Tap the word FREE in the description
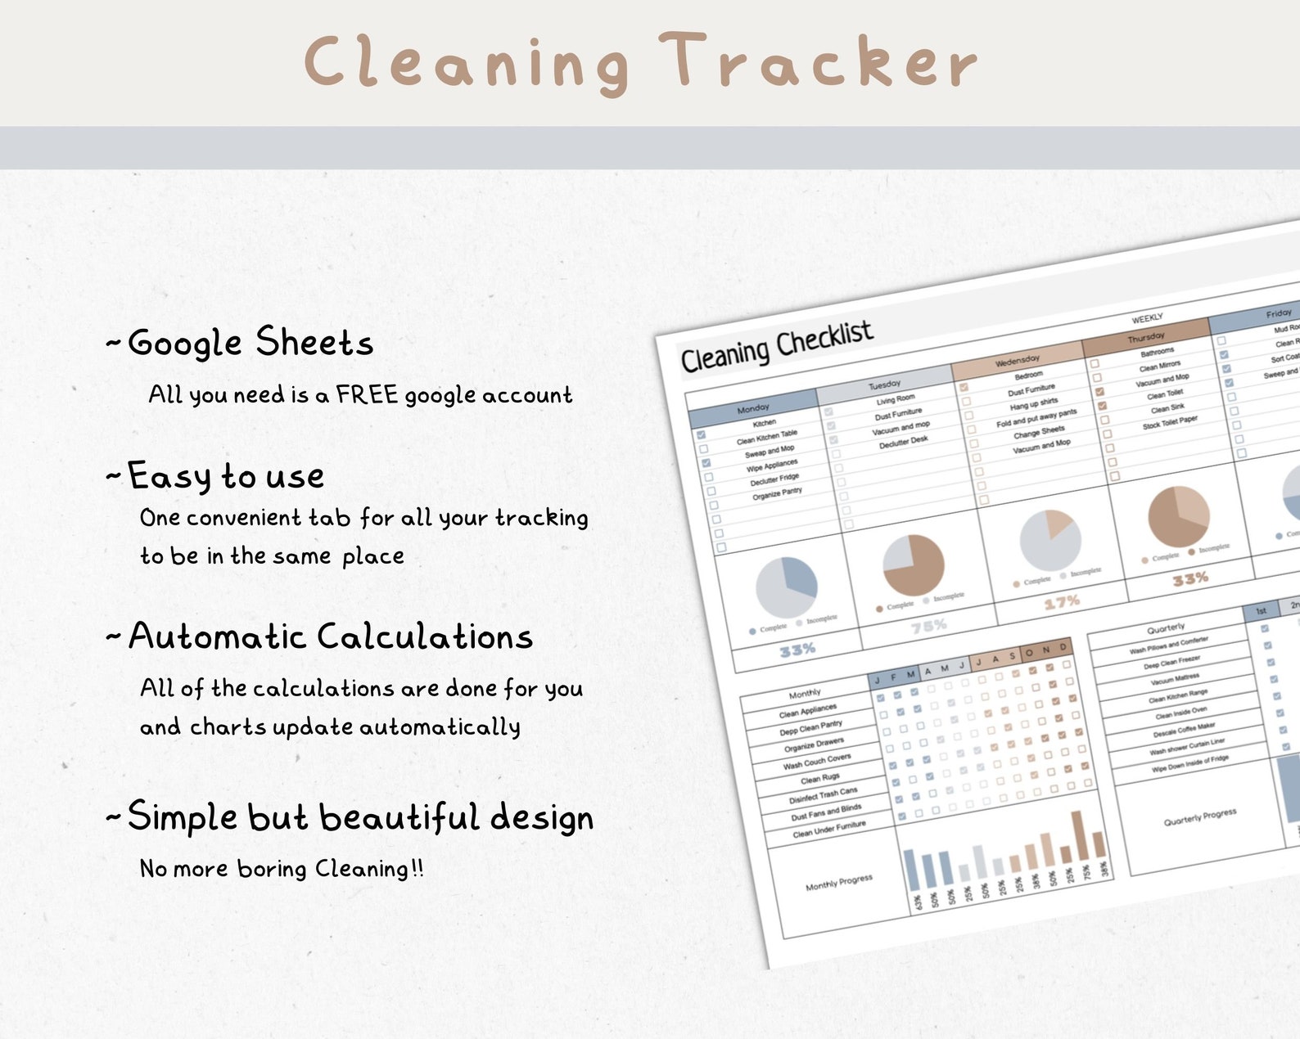pyautogui.click(x=366, y=395)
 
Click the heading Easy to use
pyautogui.click(x=226, y=476)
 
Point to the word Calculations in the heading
pyautogui.click(x=425, y=636)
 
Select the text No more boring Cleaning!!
pyautogui.click(x=282, y=868)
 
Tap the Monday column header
pyautogui.click(x=752, y=407)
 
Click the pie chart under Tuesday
pyautogui.click(x=913, y=565)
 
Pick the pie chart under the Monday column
pyautogui.click(x=786, y=587)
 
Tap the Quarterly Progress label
pyautogui.click(x=1199, y=817)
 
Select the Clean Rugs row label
pyautogui.click(x=819, y=778)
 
